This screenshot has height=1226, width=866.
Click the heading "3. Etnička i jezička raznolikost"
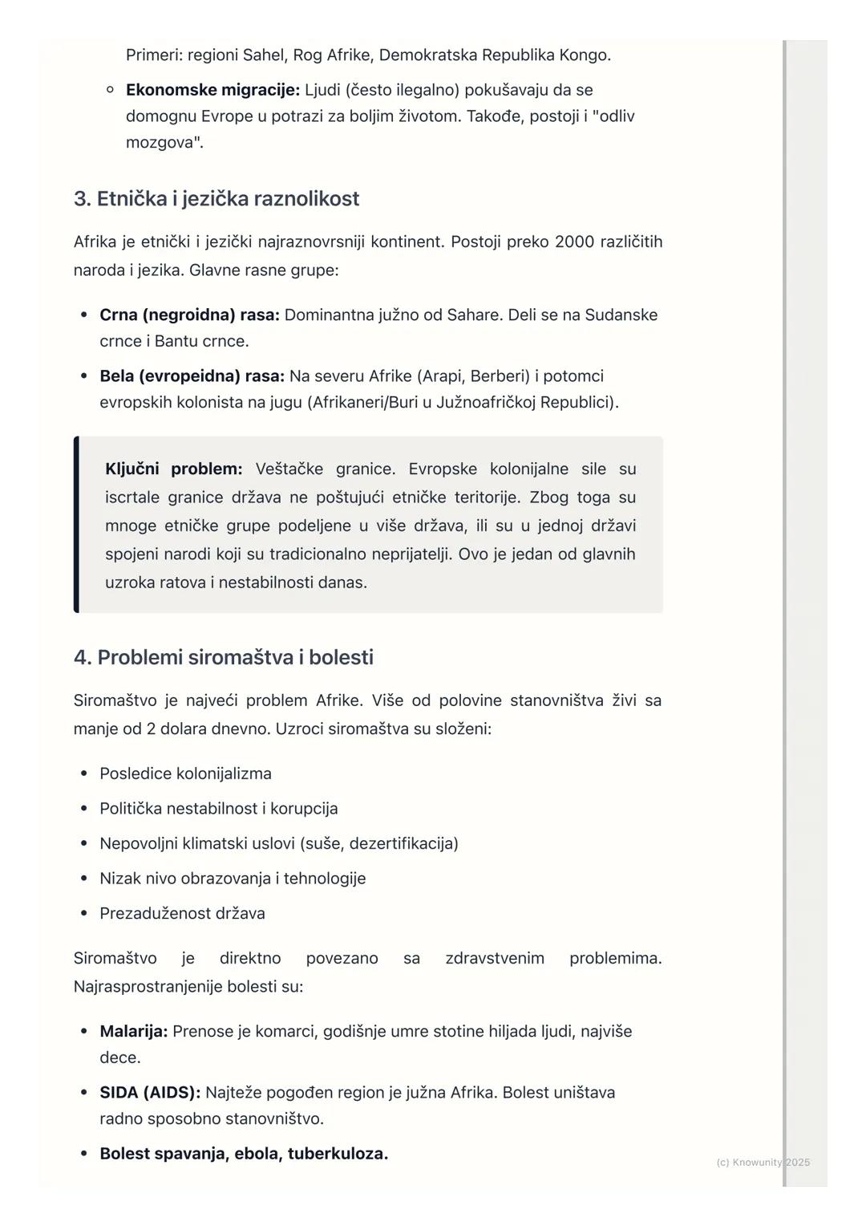pyautogui.click(x=216, y=199)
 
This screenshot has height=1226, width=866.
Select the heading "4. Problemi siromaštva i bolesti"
pyautogui.click(x=224, y=658)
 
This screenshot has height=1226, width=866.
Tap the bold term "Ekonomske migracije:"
pyautogui.click(x=212, y=90)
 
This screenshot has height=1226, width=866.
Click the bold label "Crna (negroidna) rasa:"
pyautogui.click(x=189, y=315)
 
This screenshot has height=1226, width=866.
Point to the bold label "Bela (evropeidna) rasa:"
pyautogui.click(x=192, y=376)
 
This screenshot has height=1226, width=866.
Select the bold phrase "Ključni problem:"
pyautogui.click(x=173, y=469)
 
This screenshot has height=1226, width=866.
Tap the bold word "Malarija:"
pyautogui.click(x=134, y=1032)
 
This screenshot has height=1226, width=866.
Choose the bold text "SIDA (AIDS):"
pyautogui.click(x=150, y=1093)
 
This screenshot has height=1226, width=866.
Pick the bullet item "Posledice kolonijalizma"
pyautogui.click(x=185, y=774)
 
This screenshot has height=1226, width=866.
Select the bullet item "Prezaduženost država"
pyautogui.click(x=182, y=914)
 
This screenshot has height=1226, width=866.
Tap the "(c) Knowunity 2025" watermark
pyautogui.click(x=763, y=1163)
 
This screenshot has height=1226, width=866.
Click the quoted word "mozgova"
pyautogui.click(x=162, y=143)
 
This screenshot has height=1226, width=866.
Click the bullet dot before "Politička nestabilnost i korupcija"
pyautogui.click(x=83, y=809)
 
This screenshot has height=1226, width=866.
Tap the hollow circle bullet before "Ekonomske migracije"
pyautogui.click(x=110, y=90)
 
